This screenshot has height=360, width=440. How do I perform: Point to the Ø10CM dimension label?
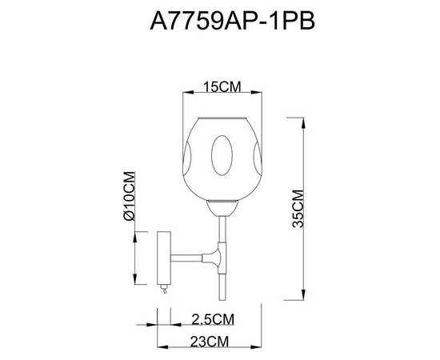tap(128, 198)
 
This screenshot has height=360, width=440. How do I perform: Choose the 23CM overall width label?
tap(207, 342)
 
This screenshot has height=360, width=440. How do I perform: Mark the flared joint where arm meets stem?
tap(215, 258)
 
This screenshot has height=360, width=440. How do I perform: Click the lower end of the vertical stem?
tap(221, 294)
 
